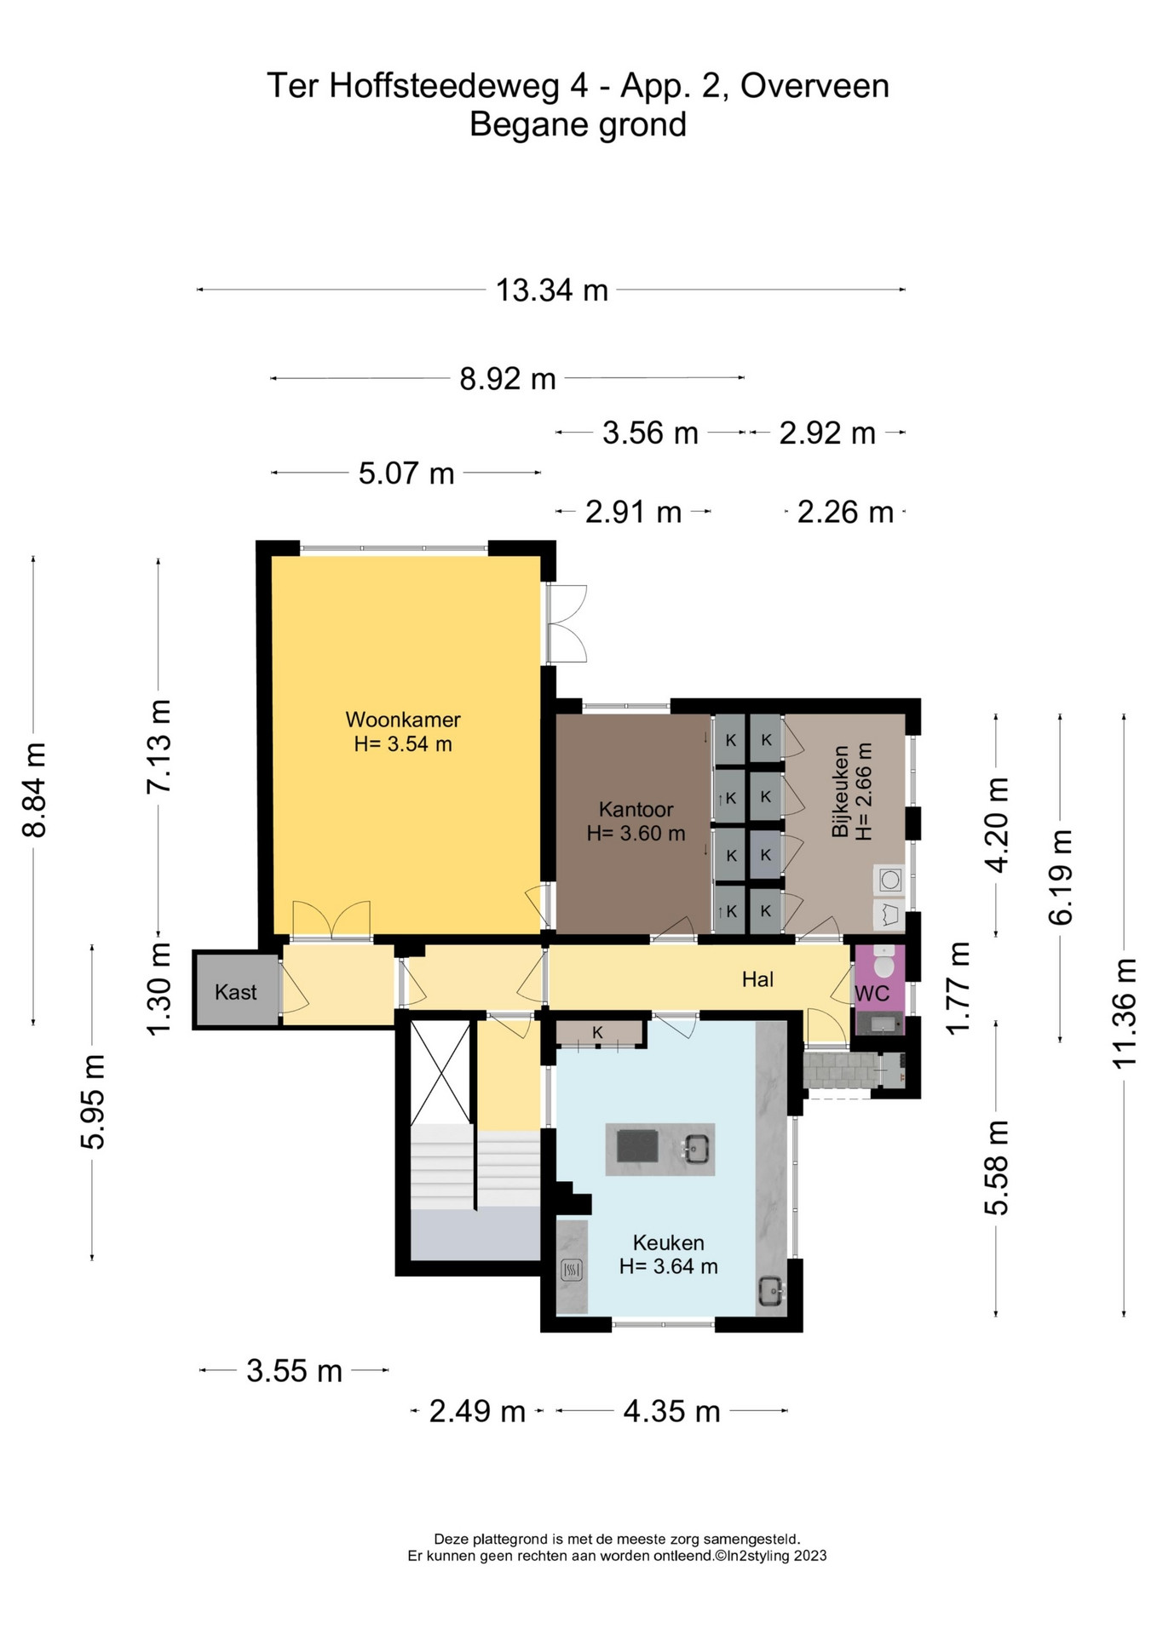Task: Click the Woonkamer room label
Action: [403, 720]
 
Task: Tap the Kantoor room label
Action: [636, 809]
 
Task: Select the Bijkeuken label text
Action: [840, 791]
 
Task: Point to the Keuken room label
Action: [668, 1242]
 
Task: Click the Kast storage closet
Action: [236, 991]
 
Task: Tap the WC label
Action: [872, 993]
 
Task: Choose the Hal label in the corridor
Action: [757, 979]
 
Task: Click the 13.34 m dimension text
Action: [552, 290]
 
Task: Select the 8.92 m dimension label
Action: [508, 378]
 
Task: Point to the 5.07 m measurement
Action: [406, 473]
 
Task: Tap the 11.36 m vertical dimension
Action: [1125, 1013]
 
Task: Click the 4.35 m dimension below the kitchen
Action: [671, 1412]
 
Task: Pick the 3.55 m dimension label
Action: [294, 1371]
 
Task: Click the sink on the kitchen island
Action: [695, 1150]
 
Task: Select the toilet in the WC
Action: [884, 961]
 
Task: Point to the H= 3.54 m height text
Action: [403, 744]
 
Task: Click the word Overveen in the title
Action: [815, 86]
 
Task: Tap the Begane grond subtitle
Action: [578, 125]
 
